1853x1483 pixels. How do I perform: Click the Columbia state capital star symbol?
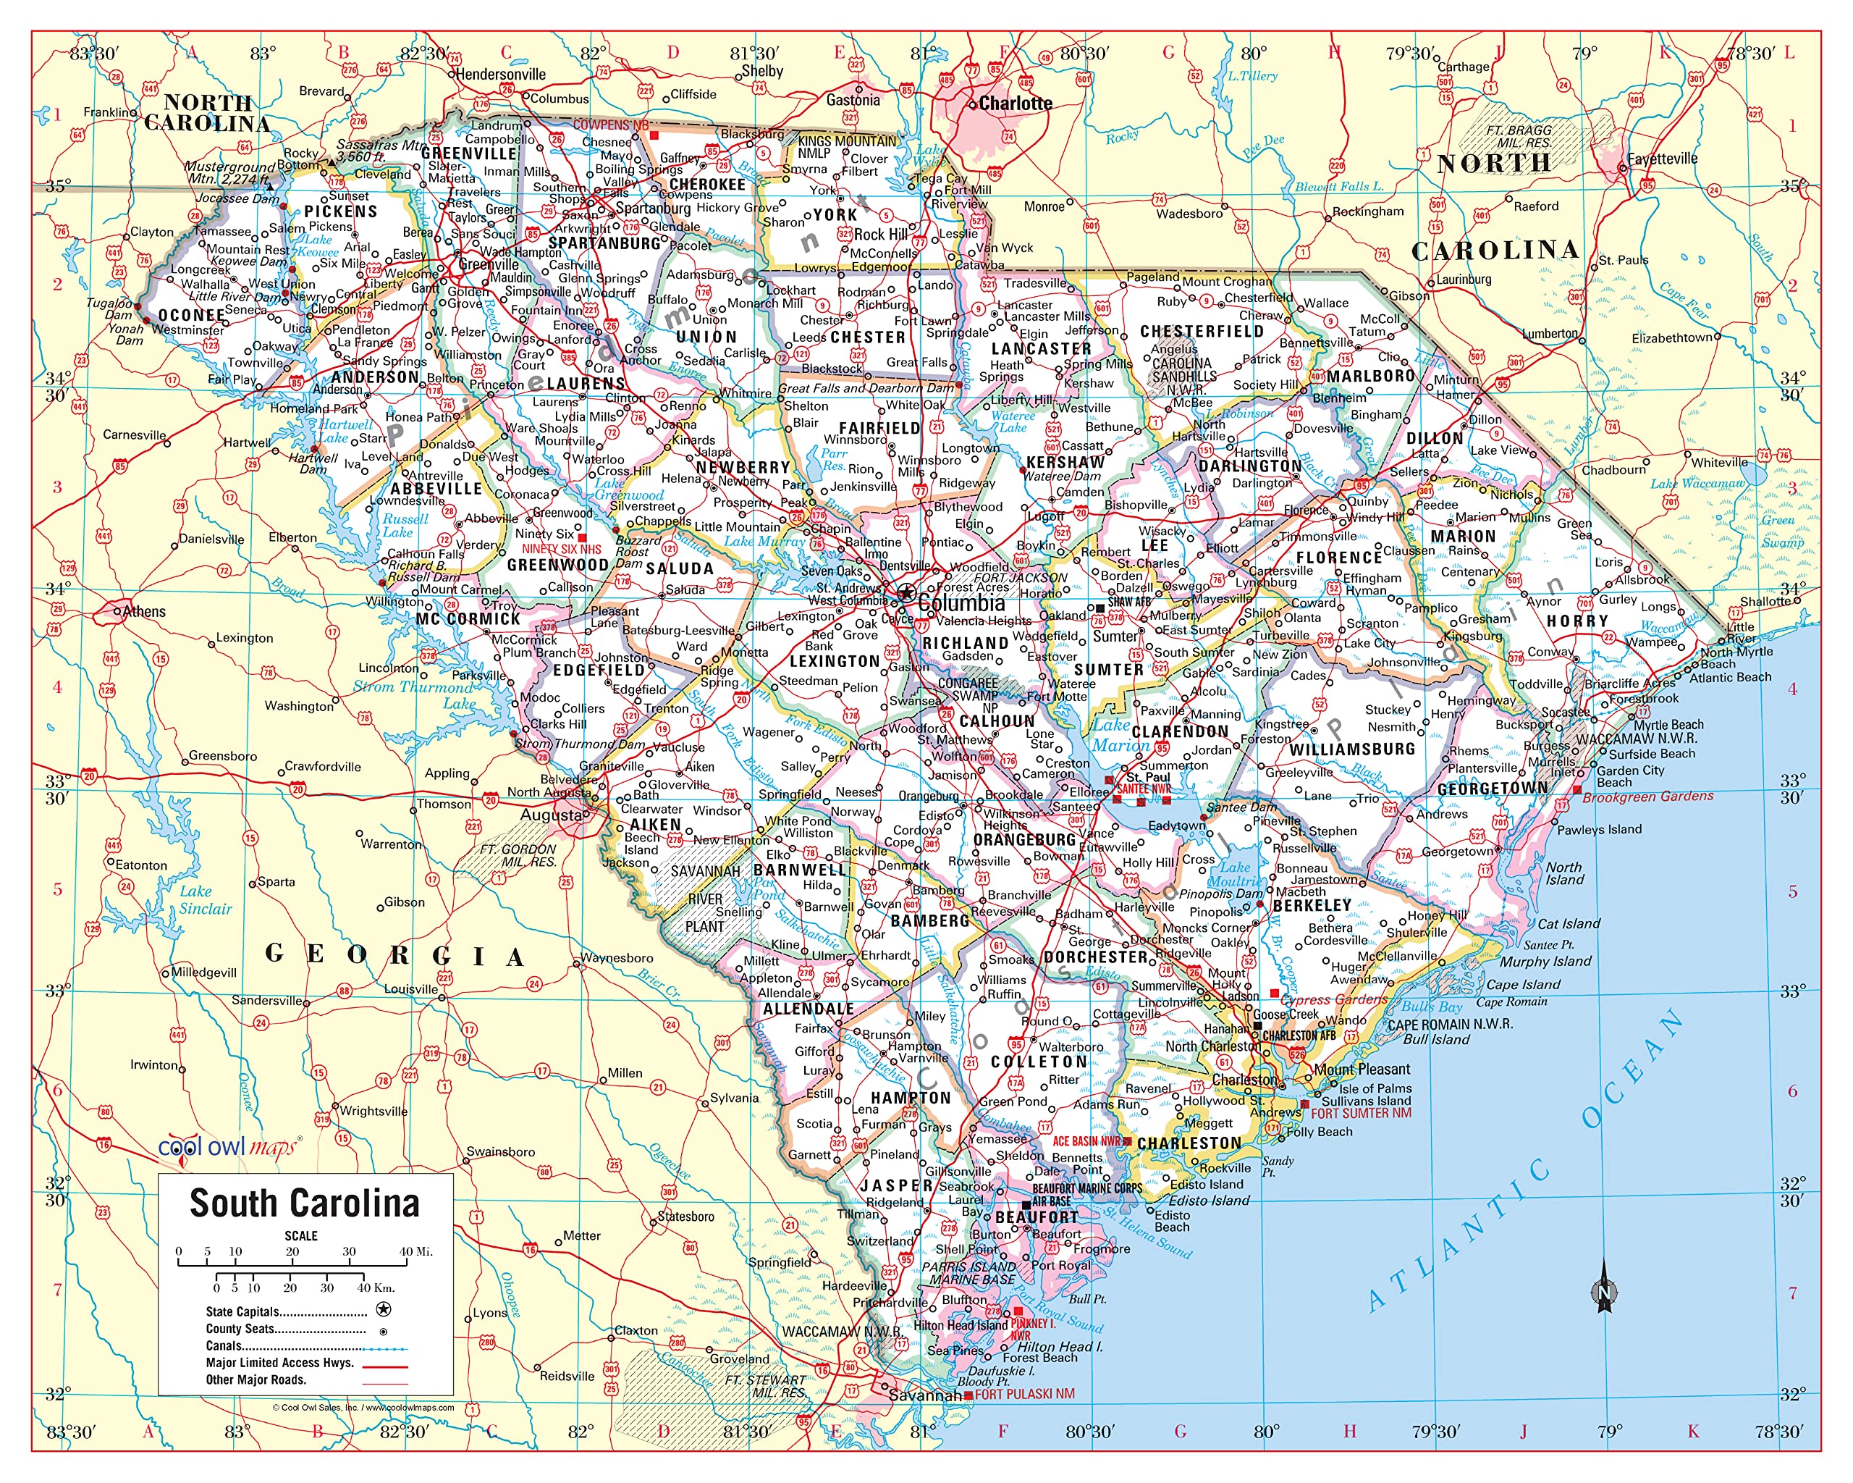[905, 593]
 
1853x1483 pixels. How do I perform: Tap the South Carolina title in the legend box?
[304, 1203]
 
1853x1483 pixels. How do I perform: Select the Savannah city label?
[925, 1395]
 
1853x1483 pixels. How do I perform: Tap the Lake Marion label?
[1120, 735]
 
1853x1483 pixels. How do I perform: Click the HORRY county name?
[1577, 621]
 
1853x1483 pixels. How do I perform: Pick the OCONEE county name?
[191, 316]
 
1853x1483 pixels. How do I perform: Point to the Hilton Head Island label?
[959, 1326]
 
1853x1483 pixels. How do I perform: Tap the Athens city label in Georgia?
[143, 612]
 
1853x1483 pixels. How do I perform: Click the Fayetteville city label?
[1661, 159]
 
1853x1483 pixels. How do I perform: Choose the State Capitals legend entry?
[242, 1312]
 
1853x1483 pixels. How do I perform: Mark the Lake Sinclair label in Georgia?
[206, 900]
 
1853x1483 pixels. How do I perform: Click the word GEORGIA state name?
[394, 955]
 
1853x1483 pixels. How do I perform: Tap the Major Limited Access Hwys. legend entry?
[279, 1363]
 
